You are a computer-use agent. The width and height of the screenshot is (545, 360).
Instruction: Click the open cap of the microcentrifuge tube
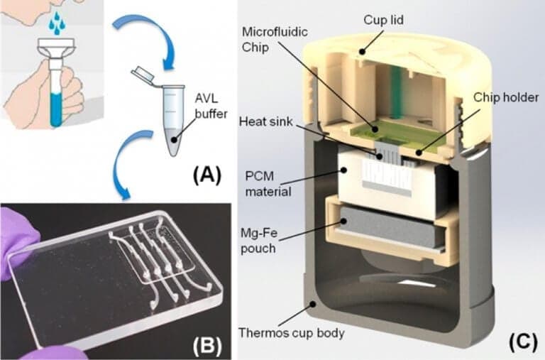tap(143, 72)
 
